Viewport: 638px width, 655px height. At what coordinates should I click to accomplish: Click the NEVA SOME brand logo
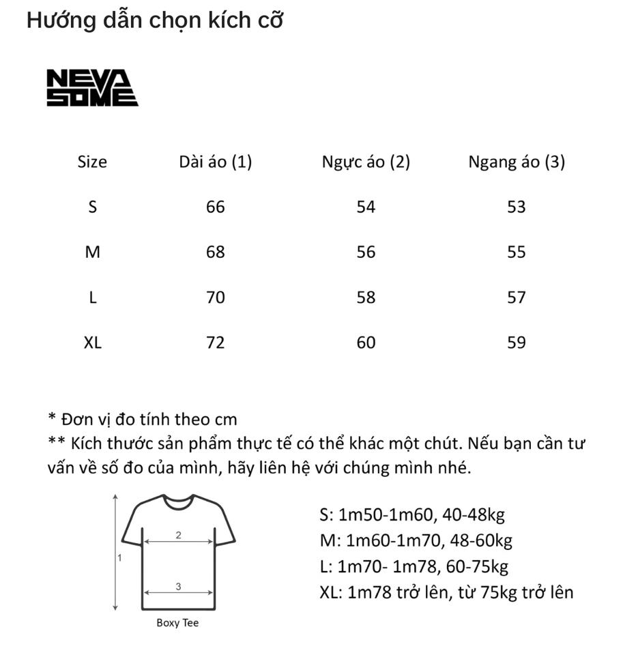coord(92,89)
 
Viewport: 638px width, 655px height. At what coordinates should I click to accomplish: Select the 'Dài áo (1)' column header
coord(216,162)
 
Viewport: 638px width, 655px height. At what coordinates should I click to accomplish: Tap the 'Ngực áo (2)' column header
coord(366,162)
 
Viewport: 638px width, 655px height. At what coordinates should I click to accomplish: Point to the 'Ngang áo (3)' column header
coord(517,162)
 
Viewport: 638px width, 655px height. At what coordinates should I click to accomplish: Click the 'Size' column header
coord(92,162)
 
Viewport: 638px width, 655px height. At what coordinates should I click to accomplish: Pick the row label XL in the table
coord(92,343)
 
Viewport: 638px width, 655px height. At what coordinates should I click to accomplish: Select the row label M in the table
coord(92,252)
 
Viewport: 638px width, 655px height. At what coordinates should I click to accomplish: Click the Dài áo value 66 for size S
coord(216,207)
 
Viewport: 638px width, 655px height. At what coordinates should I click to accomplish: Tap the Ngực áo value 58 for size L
coord(366,297)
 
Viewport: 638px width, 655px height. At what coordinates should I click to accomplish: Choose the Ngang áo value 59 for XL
coord(517,343)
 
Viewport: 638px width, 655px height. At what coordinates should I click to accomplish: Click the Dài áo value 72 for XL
coord(216,343)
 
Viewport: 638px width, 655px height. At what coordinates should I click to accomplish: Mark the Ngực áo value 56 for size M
coord(366,252)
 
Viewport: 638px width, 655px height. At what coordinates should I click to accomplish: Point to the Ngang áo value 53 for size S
coord(517,207)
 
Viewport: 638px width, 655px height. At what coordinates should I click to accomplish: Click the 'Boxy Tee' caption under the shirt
coord(177,623)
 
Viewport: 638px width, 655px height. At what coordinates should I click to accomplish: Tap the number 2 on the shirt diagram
coord(178,535)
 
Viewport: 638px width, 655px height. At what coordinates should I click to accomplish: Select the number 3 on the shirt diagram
coord(178,586)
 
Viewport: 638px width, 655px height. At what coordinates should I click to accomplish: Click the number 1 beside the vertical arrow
coord(119,557)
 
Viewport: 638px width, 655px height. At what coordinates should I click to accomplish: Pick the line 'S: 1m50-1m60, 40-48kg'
coord(412,515)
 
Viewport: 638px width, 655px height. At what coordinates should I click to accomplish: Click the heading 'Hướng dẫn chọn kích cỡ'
coord(154,21)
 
